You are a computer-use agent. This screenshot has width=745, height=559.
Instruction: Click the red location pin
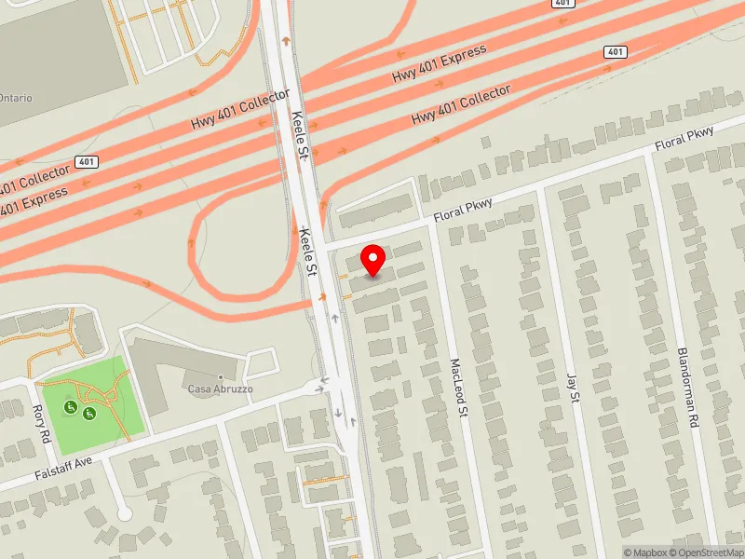(373, 259)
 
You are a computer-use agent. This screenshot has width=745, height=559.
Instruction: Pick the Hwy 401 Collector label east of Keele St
(461, 106)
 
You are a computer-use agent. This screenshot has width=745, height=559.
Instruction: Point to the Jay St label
(573, 389)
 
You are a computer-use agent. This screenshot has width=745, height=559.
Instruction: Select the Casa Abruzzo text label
(220, 389)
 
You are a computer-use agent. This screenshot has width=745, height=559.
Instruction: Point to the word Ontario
(15, 98)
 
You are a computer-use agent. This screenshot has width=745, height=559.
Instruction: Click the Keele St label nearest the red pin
(307, 252)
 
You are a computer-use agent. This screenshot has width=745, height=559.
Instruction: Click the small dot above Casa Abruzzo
(221, 376)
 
